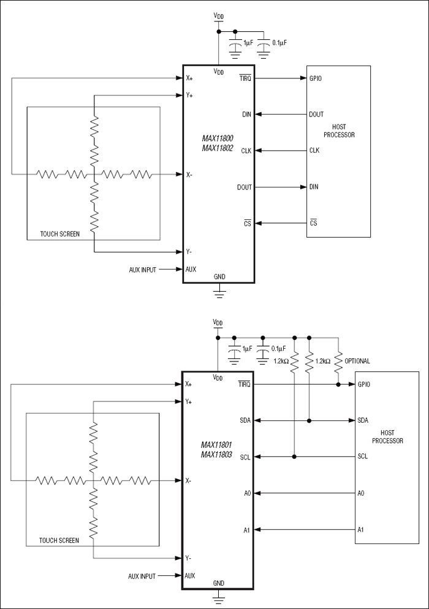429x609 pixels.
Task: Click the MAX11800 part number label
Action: [x=218, y=138]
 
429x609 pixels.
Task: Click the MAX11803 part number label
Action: [x=218, y=455]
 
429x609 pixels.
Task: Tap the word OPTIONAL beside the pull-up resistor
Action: [x=358, y=361]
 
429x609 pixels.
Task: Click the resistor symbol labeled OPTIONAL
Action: [x=338, y=361]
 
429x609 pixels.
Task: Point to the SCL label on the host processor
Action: [x=363, y=456]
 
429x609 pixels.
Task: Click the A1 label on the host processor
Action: [x=361, y=529]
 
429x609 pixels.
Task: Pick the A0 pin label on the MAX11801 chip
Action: [x=246, y=493]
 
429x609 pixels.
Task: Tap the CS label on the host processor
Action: [x=313, y=223]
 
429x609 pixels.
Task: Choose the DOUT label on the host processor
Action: [x=317, y=114]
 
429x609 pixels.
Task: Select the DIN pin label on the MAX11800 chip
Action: [x=246, y=114]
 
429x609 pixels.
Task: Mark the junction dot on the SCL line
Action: [x=295, y=456]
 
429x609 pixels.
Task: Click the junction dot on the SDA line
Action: [x=310, y=420]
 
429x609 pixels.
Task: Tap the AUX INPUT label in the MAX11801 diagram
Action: [x=143, y=576]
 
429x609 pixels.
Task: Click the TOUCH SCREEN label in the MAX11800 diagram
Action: [x=59, y=233]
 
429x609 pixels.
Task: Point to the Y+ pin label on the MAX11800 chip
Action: [x=189, y=96]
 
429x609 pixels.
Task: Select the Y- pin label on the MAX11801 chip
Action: [x=189, y=558]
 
